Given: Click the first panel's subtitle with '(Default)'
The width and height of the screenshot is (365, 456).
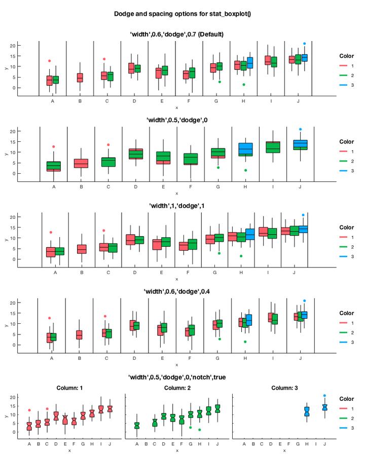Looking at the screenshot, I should point(177,34).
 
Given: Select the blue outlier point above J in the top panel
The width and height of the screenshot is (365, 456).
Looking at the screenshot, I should point(304,44).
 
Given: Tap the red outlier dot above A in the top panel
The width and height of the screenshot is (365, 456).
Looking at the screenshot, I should point(49,61).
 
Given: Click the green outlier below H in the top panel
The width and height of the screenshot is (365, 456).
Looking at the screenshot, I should point(244,85).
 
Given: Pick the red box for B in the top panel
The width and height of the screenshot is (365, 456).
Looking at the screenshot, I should point(80,78).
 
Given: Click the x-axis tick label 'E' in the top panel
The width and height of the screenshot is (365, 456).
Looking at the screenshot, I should point(162,101).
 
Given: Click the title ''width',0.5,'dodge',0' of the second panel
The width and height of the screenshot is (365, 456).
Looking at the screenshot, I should point(176,120).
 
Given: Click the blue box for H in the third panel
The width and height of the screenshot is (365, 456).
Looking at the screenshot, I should point(250,235).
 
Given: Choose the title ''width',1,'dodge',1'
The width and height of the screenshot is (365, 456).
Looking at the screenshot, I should point(176,206).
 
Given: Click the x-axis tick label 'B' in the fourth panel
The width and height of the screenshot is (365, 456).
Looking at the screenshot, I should point(79,358).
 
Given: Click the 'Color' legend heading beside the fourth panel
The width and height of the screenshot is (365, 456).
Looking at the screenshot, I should point(347,313).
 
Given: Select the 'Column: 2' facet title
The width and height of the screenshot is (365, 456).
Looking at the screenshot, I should point(176,388).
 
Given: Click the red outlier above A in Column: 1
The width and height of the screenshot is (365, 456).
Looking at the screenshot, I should point(29,410).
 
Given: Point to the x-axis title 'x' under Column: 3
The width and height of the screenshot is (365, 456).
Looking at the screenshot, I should point(284,450).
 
